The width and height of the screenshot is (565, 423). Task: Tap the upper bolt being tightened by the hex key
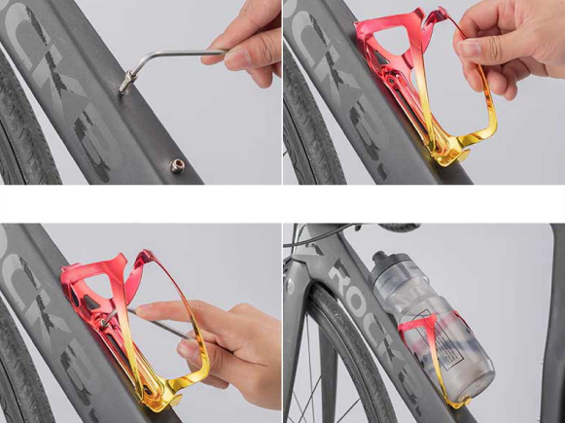125,88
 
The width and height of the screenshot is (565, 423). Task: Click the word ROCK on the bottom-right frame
345,282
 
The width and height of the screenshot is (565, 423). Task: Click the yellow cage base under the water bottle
457,399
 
